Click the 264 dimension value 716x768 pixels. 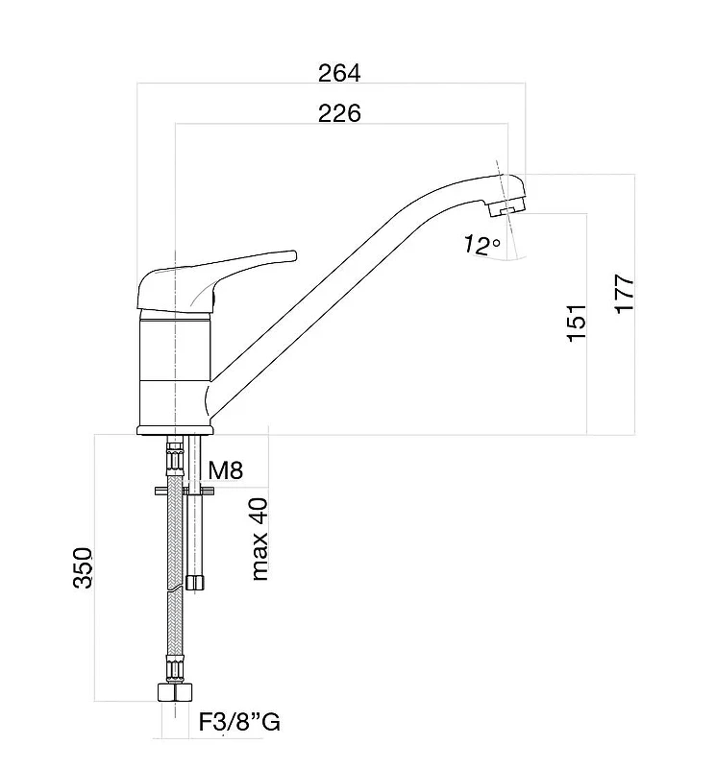(x=339, y=74)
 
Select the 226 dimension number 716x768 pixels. (x=339, y=113)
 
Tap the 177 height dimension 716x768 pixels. (x=625, y=294)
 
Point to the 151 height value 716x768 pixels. (x=577, y=323)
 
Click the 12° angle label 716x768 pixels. (x=481, y=245)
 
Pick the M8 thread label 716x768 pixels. (x=225, y=470)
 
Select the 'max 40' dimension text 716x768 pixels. (x=259, y=540)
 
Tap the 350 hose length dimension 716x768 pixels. (x=83, y=567)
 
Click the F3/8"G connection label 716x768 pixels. (x=239, y=722)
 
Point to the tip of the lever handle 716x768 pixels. (x=295, y=255)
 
